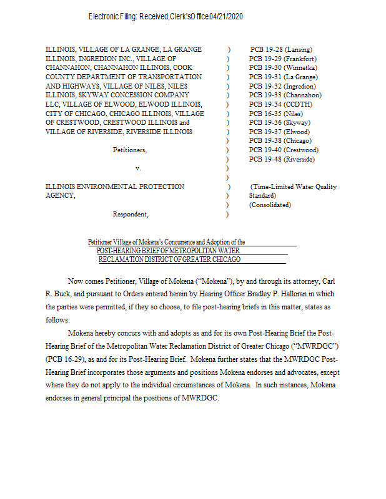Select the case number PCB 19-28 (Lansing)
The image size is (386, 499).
[x=280, y=49]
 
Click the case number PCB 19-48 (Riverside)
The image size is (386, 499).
[x=282, y=160]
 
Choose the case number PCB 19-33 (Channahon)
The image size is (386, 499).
[x=285, y=95]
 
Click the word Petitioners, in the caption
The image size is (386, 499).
[x=130, y=150]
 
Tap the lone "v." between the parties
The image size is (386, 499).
[x=138, y=168]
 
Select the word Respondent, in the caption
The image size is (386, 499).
[x=131, y=215]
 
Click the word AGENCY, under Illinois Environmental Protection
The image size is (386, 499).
[x=61, y=196]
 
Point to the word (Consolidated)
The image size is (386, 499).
[x=270, y=205]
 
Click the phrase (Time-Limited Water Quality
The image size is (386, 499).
[x=294, y=187]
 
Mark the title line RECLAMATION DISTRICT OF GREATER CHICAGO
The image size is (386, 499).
[x=169, y=259]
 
